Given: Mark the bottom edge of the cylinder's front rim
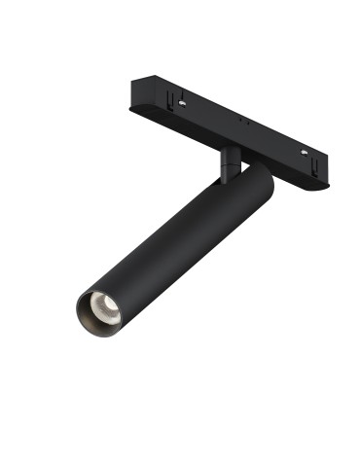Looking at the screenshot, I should [x=101, y=337].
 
